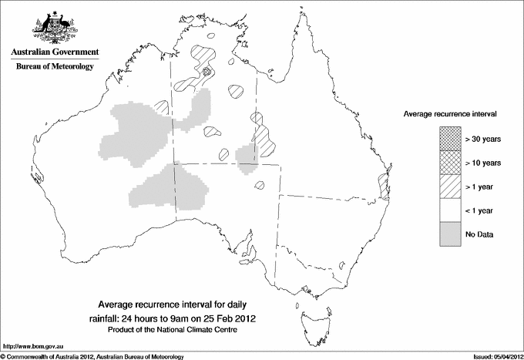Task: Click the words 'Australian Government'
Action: [x=55, y=52]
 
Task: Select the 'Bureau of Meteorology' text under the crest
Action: [x=55, y=67]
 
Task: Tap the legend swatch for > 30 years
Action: [x=449, y=139]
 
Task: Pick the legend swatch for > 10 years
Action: [x=449, y=163]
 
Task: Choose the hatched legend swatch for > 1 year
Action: [x=449, y=187]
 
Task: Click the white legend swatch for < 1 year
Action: [x=449, y=210]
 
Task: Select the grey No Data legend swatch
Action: [x=449, y=234]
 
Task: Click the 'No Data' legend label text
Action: [x=479, y=234]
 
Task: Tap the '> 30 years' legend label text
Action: [x=484, y=139]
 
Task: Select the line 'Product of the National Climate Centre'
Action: [x=178, y=329]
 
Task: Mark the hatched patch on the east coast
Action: [x=381, y=185]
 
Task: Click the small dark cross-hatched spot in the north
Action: [x=207, y=72]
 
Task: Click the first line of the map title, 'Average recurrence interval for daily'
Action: [x=177, y=303]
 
